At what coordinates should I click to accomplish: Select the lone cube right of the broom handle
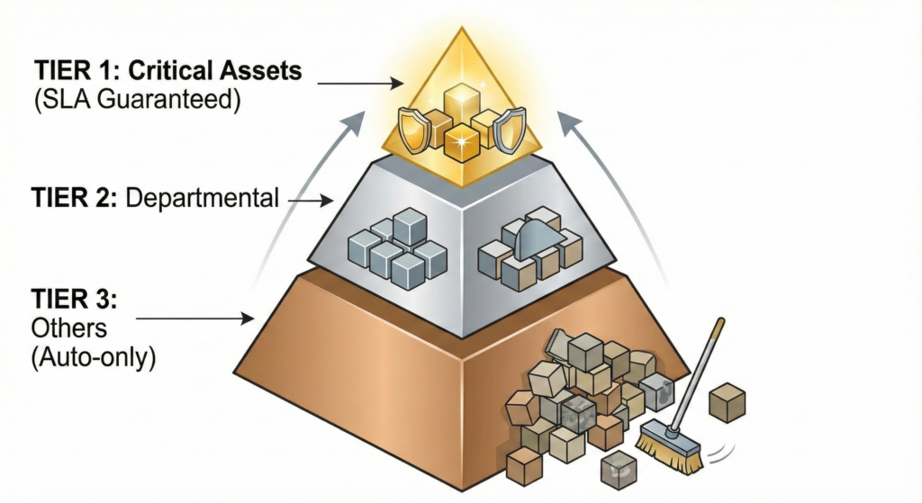727,402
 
